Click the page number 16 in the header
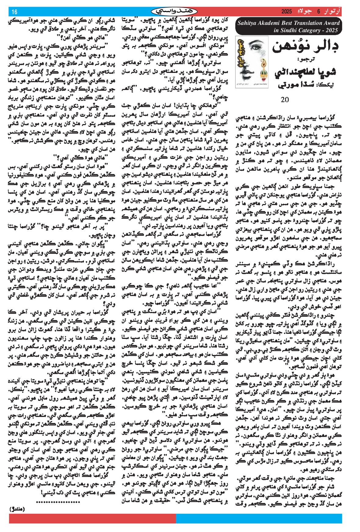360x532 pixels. (14, 12)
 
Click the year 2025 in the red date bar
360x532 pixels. (286, 12)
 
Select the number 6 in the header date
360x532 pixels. (318, 12)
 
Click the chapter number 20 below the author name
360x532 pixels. (284, 99)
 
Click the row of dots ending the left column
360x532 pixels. (58, 501)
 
